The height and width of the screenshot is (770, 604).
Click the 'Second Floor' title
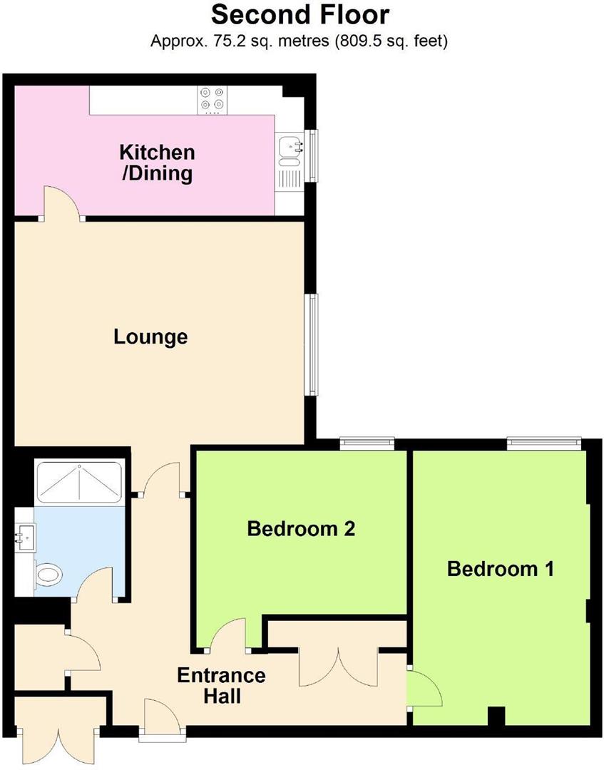tap(301, 15)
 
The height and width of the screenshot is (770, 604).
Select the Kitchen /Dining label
tap(156, 163)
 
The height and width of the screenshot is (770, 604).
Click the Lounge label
tap(150, 337)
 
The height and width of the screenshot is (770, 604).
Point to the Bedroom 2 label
tap(301, 529)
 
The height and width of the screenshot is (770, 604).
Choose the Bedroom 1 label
tap(501, 569)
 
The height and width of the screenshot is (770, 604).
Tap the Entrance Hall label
tap(221, 685)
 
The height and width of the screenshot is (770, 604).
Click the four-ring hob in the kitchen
tap(212, 101)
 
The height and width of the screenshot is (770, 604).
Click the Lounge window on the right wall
tap(312, 344)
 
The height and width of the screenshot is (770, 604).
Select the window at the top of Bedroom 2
tap(367, 443)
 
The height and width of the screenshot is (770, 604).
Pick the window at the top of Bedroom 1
tap(543, 443)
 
